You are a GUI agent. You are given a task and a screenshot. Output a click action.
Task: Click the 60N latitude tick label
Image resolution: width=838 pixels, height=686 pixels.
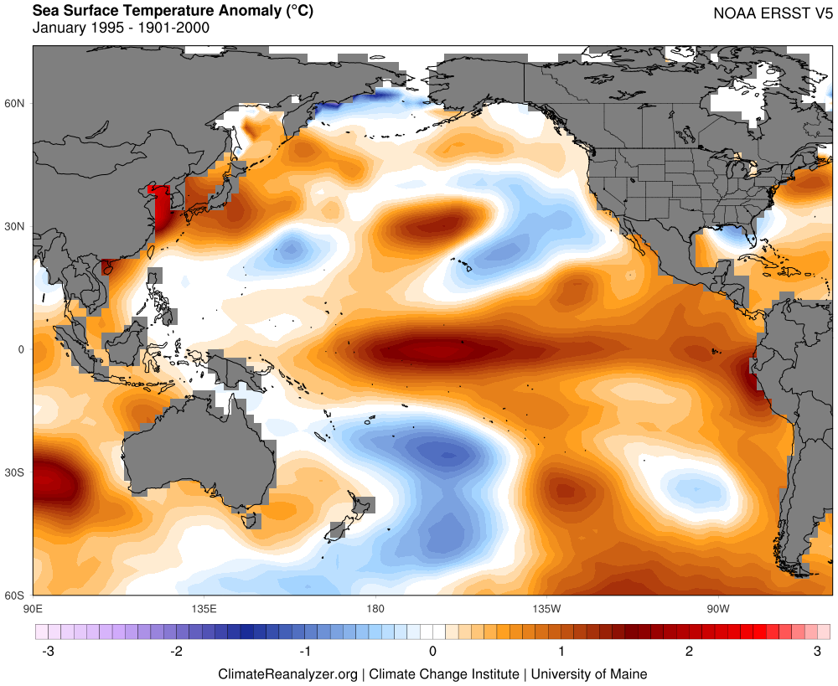pyautogui.click(x=17, y=103)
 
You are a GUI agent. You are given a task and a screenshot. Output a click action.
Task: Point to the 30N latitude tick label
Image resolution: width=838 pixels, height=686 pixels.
pyautogui.click(x=17, y=226)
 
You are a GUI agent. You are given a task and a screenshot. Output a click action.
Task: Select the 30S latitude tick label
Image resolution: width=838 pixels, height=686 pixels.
pyautogui.click(x=17, y=472)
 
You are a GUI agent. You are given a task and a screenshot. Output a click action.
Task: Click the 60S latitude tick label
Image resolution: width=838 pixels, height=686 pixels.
pyautogui.click(x=17, y=596)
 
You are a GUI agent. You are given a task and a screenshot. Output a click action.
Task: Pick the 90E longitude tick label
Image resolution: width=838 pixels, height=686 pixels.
pyautogui.click(x=34, y=606)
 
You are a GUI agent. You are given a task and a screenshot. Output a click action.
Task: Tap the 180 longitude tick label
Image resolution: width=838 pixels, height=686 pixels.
pyautogui.click(x=375, y=606)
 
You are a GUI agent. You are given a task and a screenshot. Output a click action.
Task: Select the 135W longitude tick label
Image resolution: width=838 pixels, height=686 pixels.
pyautogui.click(x=546, y=606)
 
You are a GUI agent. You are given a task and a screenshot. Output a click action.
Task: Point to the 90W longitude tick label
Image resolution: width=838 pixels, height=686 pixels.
pyautogui.click(x=717, y=606)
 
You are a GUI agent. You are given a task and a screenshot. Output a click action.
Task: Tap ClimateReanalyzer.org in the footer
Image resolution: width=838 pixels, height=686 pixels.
pyautogui.click(x=287, y=673)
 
